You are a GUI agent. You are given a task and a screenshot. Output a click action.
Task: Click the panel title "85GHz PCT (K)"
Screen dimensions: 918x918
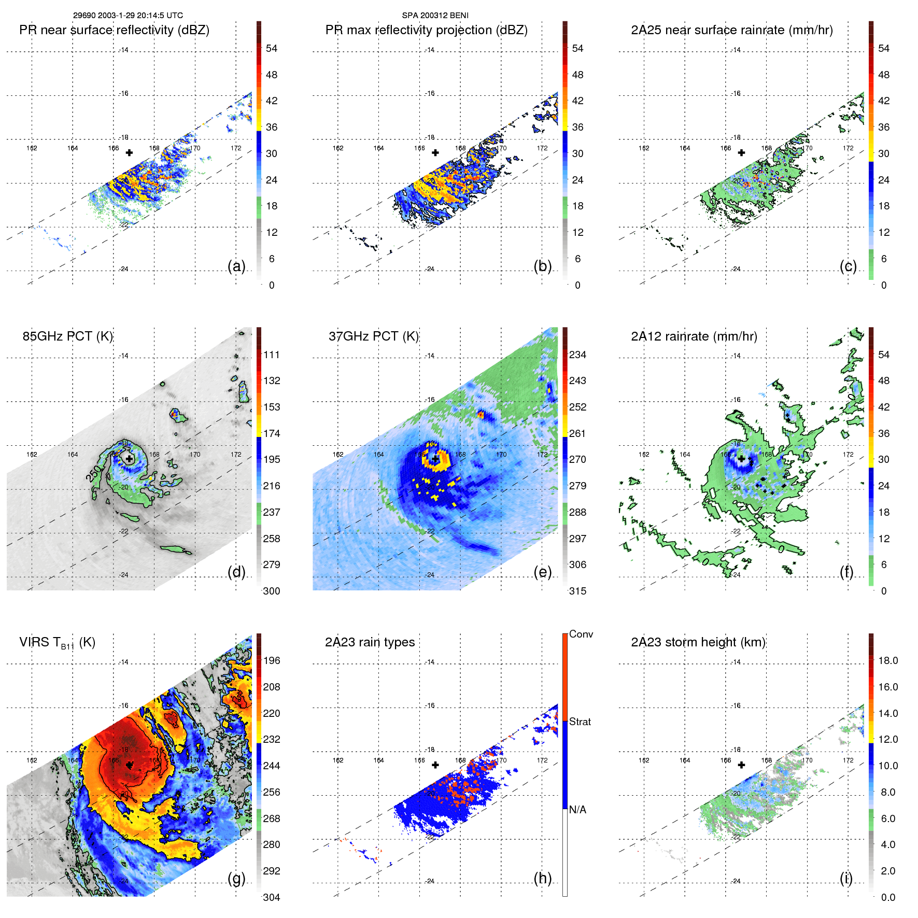coord(67,336)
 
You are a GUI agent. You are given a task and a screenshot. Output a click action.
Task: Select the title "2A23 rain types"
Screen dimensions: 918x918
coord(370,642)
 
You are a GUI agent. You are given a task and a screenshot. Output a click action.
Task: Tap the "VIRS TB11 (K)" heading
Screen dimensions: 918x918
coord(57,643)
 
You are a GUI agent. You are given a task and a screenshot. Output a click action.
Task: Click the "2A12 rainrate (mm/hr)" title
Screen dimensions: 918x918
coord(694,336)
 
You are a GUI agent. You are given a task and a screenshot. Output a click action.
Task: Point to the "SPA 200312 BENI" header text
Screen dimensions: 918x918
coord(435,16)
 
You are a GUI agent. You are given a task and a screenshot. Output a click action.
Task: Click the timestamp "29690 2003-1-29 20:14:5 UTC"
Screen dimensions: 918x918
coord(128,16)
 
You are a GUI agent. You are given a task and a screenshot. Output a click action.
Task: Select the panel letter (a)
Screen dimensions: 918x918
coord(236,266)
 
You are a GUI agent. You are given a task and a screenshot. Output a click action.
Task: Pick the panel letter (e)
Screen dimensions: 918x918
coord(542,572)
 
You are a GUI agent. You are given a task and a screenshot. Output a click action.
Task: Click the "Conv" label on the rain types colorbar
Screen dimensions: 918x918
coord(581,634)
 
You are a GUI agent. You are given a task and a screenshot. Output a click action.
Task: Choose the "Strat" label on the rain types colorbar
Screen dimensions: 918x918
coord(580,722)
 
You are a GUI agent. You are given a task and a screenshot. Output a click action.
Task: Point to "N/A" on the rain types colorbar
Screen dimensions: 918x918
coord(577,810)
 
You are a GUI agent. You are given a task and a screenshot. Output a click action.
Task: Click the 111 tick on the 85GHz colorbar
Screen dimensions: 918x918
coord(272,355)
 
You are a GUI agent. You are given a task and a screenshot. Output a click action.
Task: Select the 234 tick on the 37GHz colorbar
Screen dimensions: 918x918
coord(577,355)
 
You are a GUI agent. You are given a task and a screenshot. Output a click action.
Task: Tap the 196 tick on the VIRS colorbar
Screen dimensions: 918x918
coord(272,660)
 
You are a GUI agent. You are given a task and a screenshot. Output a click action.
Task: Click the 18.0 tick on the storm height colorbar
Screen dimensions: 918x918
coord(887,660)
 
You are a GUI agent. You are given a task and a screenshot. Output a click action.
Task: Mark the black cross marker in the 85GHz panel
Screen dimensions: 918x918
coord(129,459)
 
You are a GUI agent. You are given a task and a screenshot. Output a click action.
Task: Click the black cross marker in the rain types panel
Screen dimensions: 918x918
coord(435,765)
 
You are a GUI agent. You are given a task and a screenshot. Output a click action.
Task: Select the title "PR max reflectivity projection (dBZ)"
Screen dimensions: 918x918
coord(426,30)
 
